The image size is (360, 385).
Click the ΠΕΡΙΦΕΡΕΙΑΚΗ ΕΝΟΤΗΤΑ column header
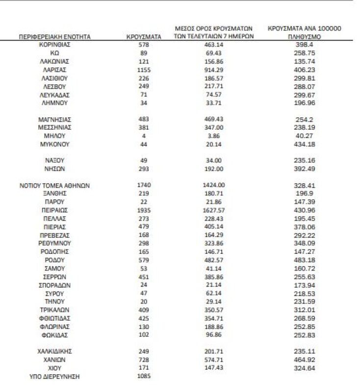tap(54, 37)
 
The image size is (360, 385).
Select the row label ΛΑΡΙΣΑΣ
tap(54, 70)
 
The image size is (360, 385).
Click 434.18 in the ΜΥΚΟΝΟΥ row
tap(305, 144)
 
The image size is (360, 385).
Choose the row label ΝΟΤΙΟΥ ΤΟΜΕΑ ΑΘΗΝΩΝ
tap(54, 186)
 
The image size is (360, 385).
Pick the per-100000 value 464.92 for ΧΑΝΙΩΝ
tap(305, 359)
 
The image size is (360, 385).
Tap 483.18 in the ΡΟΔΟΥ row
tap(305, 260)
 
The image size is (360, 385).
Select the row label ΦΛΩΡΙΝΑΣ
tap(54, 327)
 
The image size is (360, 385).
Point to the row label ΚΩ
tap(54, 53)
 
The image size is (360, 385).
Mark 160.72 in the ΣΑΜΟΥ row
tap(305, 269)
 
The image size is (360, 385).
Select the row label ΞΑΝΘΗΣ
tap(54, 193)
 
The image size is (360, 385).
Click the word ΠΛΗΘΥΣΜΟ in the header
tap(305, 37)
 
